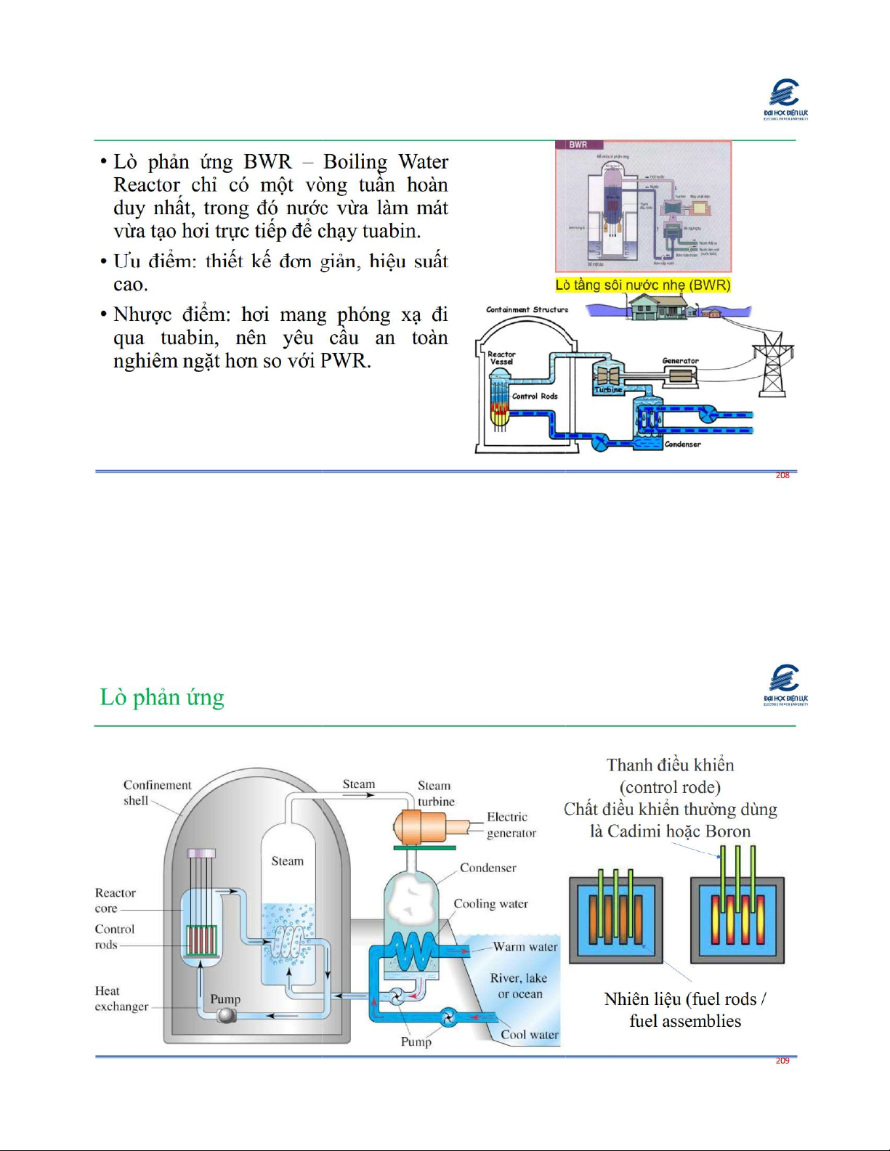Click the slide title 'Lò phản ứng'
(x=162, y=697)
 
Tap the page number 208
(x=782, y=475)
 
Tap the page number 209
(x=782, y=1061)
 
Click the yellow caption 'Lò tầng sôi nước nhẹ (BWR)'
(x=643, y=285)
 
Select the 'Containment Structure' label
(x=527, y=309)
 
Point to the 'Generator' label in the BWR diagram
(x=680, y=360)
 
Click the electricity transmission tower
(x=772, y=365)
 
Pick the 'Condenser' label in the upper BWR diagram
(x=683, y=444)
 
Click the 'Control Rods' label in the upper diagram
(x=535, y=396)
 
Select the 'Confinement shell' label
(x=156, y=792)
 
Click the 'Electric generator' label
(x=511, y=825)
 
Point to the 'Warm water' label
(x=525, y=947)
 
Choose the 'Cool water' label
(x=530, y=1035)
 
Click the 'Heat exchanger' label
(x=121, y=999)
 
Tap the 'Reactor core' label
(x=115, y=900)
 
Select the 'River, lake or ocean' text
(x=519, y=985)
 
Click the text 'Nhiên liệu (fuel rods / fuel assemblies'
(x=684, y=1009)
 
